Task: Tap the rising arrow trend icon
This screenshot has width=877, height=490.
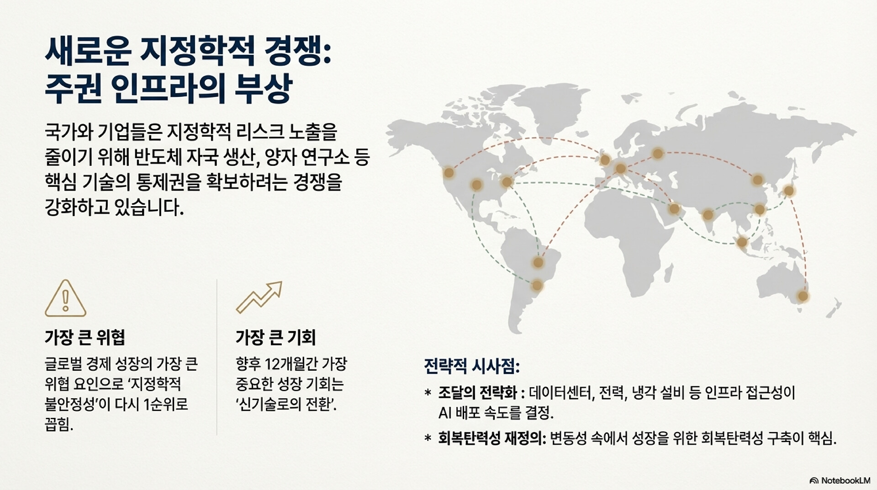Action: pos(259,298)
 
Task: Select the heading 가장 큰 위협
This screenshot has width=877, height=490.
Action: pos(85,337)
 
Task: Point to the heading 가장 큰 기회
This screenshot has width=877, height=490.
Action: pos(275,337)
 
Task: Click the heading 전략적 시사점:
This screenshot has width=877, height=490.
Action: pos(472,366)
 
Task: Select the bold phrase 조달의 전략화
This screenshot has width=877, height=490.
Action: pos(477,393)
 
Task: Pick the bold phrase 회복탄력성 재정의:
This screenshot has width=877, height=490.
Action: pos(492,438)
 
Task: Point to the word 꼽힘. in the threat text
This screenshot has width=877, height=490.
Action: pos(59,425)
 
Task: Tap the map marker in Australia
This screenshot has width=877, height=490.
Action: pos(803,297)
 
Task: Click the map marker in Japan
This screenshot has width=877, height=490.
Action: pos(788,191)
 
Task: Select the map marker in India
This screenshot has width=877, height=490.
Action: pos(708,215)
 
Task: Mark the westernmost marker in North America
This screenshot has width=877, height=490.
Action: pos(449,172)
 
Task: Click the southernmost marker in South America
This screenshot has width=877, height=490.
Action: pos(537,286)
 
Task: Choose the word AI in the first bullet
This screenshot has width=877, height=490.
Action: pos(445,413)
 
